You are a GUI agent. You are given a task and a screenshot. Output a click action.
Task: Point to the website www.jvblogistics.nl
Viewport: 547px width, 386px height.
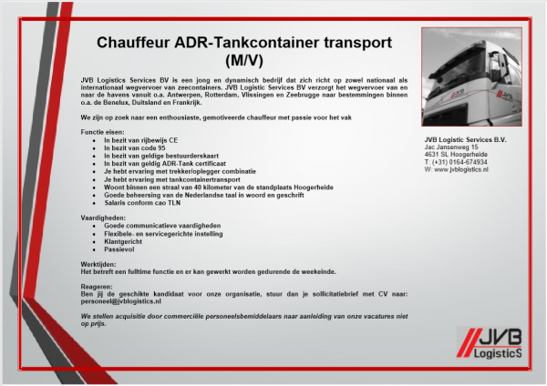coord(461,169)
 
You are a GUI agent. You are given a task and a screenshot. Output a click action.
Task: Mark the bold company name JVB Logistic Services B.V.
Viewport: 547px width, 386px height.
coord(470,138)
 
